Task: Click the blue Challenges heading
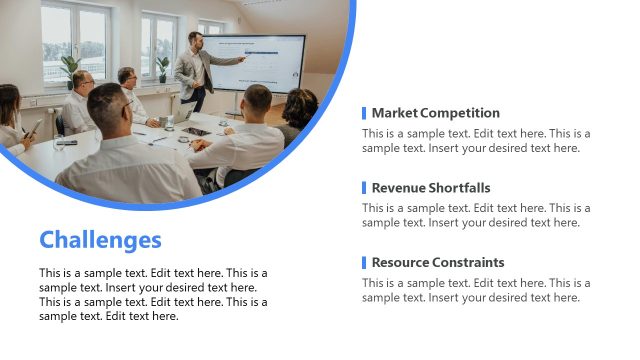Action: (100, 240)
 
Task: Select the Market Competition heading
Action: (435, 113)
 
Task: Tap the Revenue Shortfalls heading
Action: (431, 188)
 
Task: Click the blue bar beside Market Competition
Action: (364, 113)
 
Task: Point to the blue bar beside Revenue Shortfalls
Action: (364, 188)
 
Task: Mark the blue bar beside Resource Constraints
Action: (364, 263)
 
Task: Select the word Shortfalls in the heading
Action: (460, 188)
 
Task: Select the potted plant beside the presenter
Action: (163, 68)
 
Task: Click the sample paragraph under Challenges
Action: (153, 294)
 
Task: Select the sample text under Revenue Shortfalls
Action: (476, 215)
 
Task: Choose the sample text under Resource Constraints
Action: (476, 290)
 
